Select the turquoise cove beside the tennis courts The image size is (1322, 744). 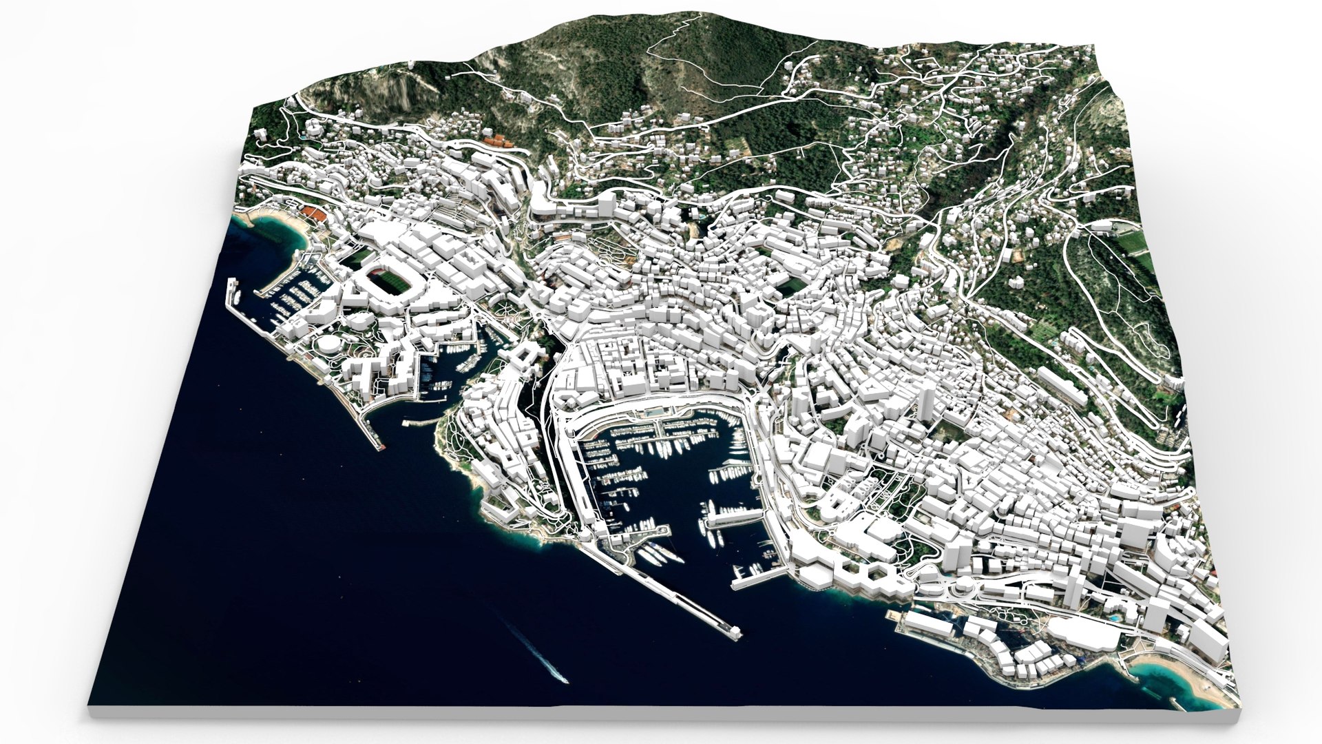coord(275,231)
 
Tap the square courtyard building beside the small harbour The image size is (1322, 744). coord(523,358)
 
